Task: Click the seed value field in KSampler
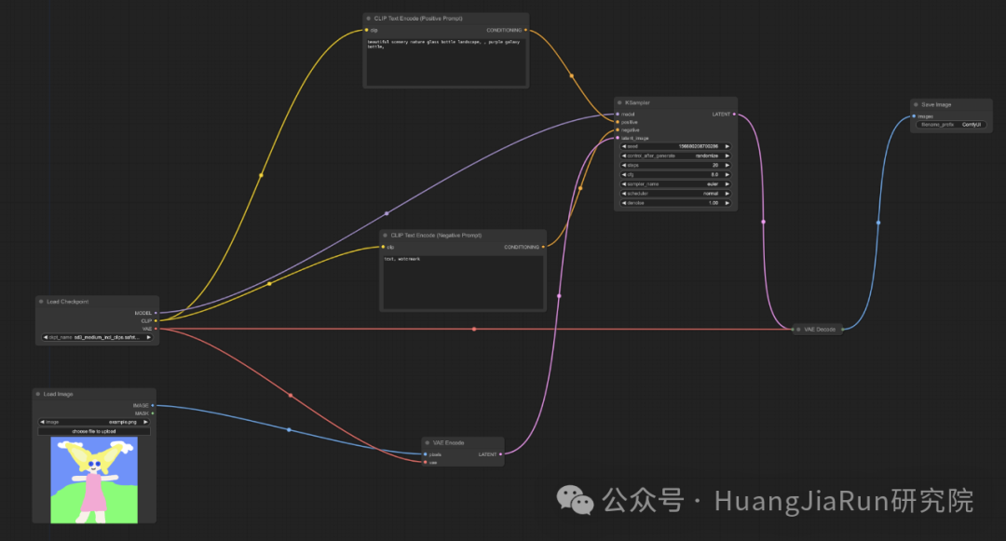click(x=675, y=146)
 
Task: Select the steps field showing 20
click(x=675, y=165)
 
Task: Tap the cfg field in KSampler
click(x=675, y=174)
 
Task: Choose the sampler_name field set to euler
click(x=675, y=184)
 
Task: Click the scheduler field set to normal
click(x=675, y=194)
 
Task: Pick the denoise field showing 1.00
click(x=675, y=203)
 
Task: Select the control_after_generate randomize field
click(x=675, y=156)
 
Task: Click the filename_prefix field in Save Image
click(x=950, y=124)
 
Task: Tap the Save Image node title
click(x=936, y=104)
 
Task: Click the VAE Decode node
click(x=819, y=329)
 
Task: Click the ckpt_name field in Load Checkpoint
click(x=97, y=337)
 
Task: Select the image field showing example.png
click(x=95, y=422)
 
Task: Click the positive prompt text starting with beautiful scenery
click(x=443, y=45)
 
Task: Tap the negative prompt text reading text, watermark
click(x=402, y=259)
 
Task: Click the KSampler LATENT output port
click(x=734, y=115)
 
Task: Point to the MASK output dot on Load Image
click(x=154, y=413)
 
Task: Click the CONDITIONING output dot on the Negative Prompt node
click(x=543, y=247)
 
